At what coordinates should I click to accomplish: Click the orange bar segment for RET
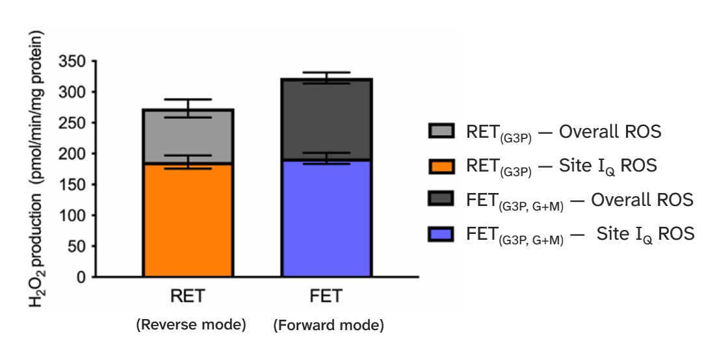click(x=188, y=220)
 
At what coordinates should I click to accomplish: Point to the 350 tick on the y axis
click(x=72, y=62)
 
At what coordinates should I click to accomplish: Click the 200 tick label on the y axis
click(x=72, y=154)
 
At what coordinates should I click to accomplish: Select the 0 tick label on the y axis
click(x=81, y=277)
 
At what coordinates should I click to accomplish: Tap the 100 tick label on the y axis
click(x=72, y=216)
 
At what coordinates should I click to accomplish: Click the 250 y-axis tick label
click(x=72, y=123)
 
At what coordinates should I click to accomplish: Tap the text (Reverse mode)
click(x=190, y=326)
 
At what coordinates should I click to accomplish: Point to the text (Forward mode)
click(x=328, y=326)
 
